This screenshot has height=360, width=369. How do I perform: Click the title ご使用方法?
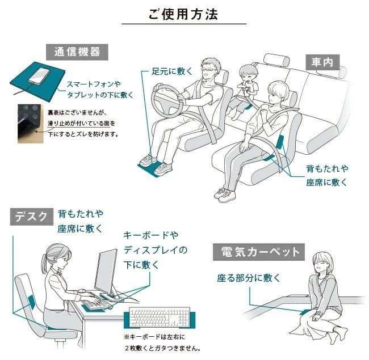click(183, 14)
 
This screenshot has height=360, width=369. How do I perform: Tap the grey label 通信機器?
click(77, 52)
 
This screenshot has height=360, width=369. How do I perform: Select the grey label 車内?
click(322, 62)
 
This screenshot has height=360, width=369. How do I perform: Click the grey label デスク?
click(32, 217)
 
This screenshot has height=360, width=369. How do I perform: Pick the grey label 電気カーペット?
click(259, 252)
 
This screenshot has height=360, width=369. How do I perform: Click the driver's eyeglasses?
click(208, 70)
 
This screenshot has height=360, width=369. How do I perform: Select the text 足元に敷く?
click(172, 71)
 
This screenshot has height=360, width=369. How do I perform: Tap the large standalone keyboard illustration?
click(160, 317)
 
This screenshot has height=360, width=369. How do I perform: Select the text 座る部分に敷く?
click(249, 278)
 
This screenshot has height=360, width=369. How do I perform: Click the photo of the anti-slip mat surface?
click(31, 124)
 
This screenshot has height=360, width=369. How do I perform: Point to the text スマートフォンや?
click(94, 84)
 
